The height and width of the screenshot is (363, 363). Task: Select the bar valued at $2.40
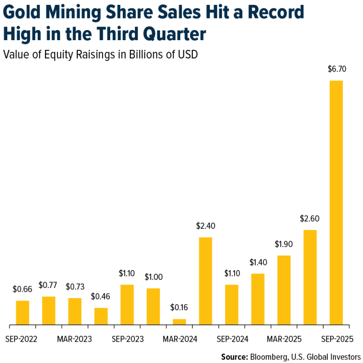(205, 281)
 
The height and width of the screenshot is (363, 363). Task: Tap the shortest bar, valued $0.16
(179, 321)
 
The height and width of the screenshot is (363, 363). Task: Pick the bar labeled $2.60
(310, 277)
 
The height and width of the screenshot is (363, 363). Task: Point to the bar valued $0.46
(101, 316)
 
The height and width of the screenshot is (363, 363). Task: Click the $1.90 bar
(284, 290)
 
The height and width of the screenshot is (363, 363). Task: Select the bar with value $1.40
(258, 299)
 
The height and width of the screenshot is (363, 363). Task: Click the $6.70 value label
(336, 70)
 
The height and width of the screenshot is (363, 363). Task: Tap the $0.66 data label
(22, 289)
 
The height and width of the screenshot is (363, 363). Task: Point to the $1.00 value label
(153, 277)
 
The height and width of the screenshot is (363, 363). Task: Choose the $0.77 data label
(48, 286)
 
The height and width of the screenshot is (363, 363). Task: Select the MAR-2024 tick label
(180, 339)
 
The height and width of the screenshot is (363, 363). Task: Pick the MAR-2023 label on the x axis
(75, 339)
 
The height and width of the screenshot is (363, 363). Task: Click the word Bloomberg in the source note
(268, 357)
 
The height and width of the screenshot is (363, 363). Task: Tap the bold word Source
(234, 357)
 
